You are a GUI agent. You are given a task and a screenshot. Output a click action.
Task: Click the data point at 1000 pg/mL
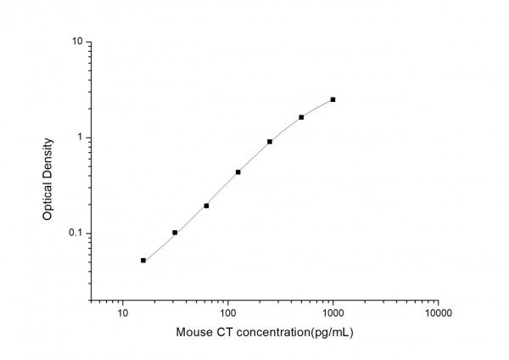333,99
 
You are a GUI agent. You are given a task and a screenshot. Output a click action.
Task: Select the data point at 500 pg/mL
301,117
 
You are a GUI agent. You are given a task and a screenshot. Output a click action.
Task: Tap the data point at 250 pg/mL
270,142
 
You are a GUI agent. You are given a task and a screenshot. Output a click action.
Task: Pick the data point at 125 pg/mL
238,172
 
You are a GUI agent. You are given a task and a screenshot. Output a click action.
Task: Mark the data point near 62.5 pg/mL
206,205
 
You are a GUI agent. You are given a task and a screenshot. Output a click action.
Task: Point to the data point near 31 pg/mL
175,233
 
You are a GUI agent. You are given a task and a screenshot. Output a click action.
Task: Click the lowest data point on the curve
143,261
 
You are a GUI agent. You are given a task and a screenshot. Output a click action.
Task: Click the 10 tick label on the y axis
77,42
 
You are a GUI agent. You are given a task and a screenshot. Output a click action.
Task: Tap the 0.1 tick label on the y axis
76,233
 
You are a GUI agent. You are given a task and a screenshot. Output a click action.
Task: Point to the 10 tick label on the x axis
123,314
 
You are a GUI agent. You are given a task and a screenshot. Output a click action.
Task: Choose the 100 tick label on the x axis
227,314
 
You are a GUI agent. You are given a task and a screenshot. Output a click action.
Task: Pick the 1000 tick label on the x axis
333,314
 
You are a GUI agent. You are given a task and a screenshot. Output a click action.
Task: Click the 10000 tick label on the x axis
438,314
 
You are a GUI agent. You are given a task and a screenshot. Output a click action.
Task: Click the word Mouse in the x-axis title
194,333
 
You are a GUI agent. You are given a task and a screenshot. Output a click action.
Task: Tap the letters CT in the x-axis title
225,333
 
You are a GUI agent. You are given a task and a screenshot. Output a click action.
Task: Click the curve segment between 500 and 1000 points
318,107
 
